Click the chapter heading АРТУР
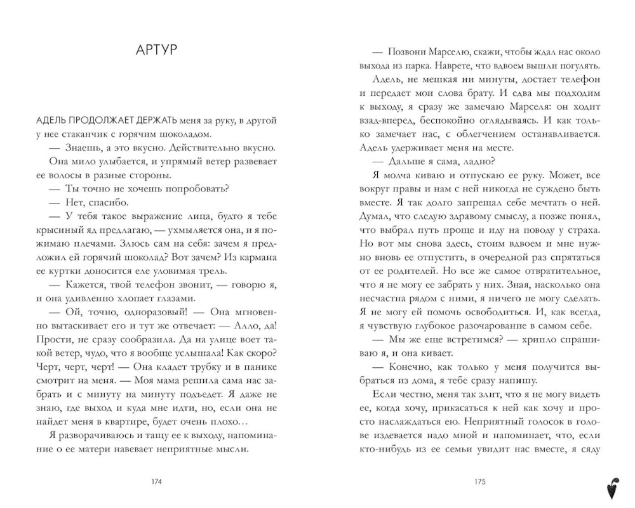156,51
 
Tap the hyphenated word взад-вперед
384,120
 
